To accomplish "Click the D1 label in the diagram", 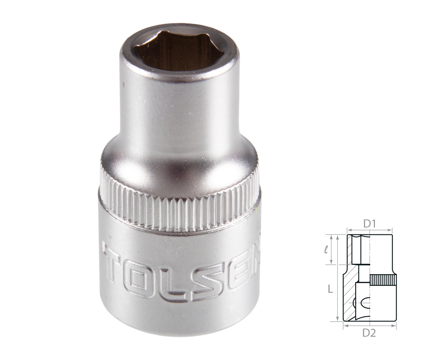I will coord(370,224).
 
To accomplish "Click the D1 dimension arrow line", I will coord(370,230).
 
